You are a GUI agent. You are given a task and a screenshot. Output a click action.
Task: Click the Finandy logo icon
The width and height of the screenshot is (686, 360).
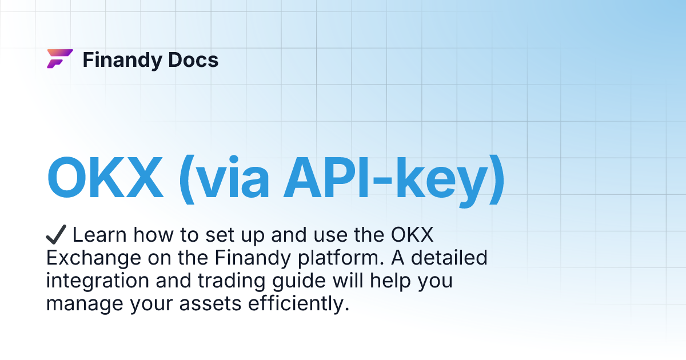pyautogui.click(x=59, y=59)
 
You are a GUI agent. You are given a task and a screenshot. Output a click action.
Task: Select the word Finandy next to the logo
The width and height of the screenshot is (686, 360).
pyautogui.click(x=121, y=60)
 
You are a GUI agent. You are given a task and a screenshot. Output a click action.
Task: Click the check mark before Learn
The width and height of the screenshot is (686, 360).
pyautogui.click(x=57, y=235)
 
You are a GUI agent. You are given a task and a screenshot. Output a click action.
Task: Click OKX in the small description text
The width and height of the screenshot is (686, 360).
pyautogui.click(x=416, y=235)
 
